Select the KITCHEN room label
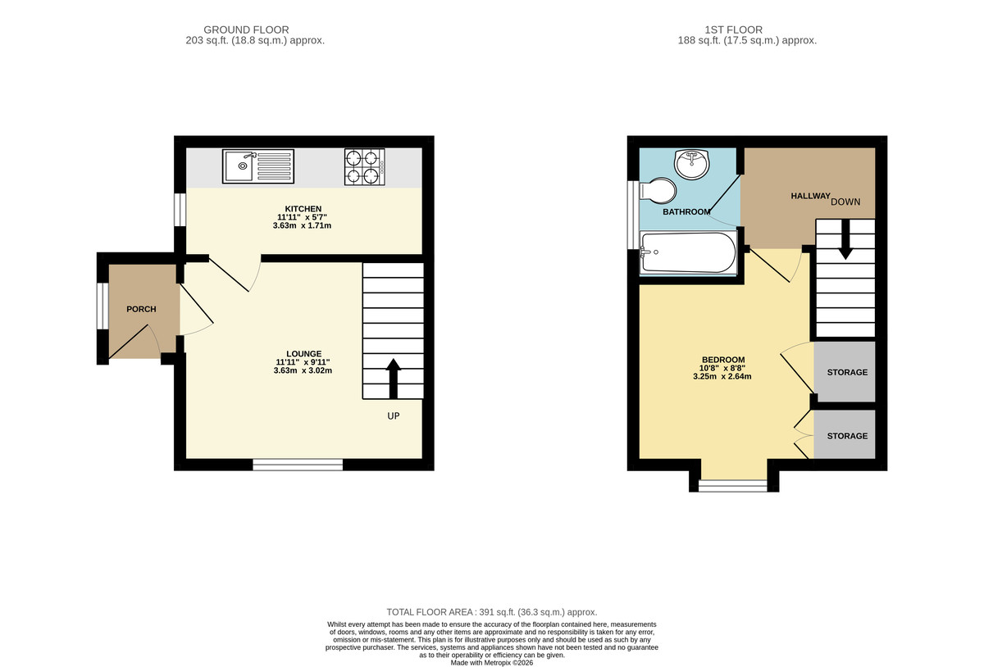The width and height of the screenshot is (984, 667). (303, 209)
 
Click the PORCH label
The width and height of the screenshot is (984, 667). (140, 309)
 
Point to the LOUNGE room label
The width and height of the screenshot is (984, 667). (303, 354)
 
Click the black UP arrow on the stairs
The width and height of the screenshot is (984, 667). (393, 377)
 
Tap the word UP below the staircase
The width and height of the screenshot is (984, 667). (394, 416)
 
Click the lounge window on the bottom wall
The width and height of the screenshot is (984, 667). (298, 465)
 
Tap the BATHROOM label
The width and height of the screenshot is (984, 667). (686, 212)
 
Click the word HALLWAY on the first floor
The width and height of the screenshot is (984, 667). (809, 197)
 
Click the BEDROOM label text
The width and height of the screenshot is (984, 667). (722, 361)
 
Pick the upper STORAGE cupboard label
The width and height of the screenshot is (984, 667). (846, 373)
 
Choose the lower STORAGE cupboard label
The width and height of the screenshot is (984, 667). (846, 436)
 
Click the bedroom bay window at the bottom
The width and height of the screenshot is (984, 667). (734, 486)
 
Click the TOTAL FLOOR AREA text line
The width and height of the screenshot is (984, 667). (492, 612)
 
